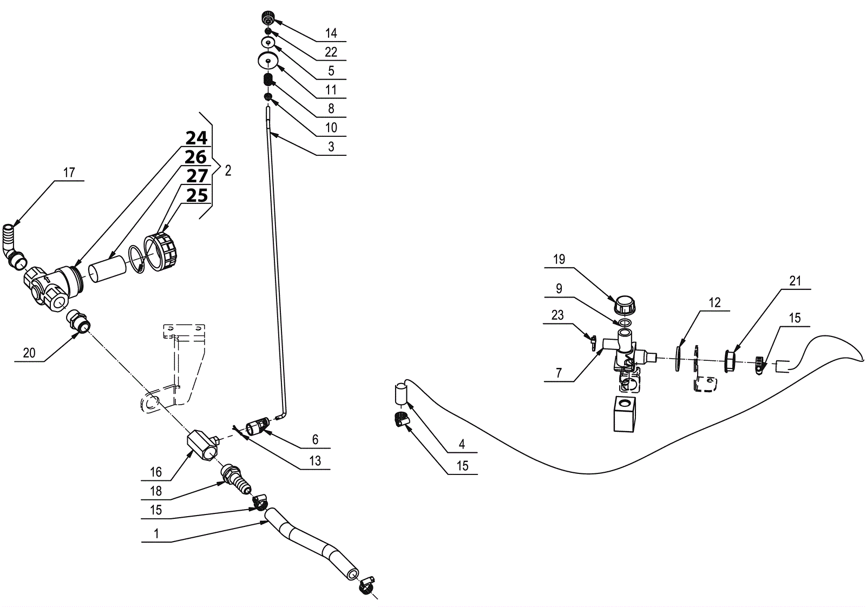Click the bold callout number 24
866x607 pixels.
pos(196,138)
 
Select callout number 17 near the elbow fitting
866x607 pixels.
pos(69,173)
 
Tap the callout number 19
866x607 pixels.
pos(559,259)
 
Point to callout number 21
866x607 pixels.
pos(795,281)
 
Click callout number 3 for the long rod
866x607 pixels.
pos(331,147)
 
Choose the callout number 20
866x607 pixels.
pos(29,353)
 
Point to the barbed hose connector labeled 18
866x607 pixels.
pos(237,478)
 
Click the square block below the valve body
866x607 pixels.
pos(628,412)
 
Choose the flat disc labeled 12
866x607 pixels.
pos(678,358)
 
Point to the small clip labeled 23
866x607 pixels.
pos(593,344)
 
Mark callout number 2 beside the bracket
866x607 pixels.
pos(228,170)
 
